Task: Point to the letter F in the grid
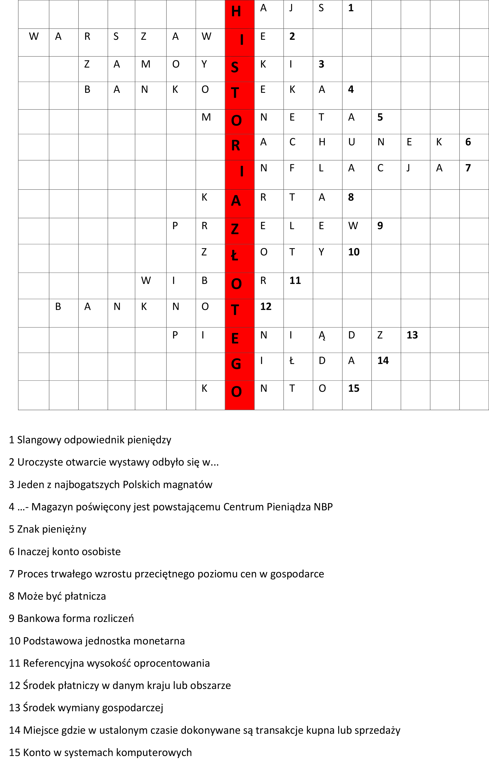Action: (x=292, y=168)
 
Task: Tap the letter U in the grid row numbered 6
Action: (x=351, y=142)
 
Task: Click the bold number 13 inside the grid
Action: (x=412, y=335)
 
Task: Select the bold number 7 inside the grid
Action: (x=468, y=168)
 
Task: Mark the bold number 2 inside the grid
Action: (x=292, y=37)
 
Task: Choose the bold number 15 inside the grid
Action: (x=354, y=388)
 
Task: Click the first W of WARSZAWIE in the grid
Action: (x=34, y=37)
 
